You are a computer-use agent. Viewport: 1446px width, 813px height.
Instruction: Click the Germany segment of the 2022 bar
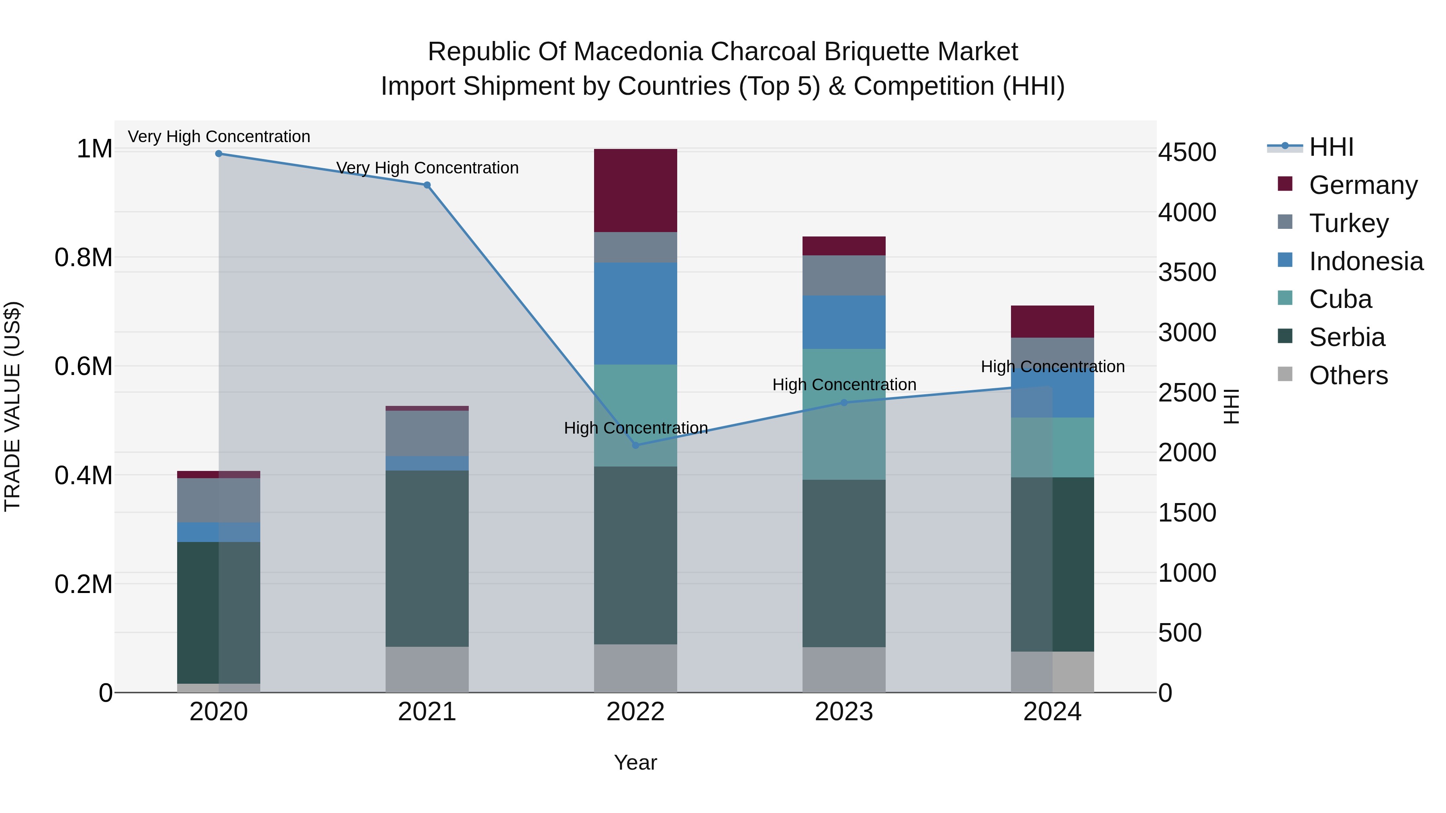point(635,190)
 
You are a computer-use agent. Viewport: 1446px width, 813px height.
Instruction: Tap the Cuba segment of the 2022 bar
point(635,415)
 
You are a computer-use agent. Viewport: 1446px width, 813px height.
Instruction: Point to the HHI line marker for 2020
point(219,154)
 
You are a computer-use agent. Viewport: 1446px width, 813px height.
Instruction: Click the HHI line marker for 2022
point(635,446)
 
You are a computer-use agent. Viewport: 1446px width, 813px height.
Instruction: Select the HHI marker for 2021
point(427,185)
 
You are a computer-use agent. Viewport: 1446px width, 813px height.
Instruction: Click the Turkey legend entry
point(1348,223)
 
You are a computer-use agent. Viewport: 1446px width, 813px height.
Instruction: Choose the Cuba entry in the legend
point(1340,300)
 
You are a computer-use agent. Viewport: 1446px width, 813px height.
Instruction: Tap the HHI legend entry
point(1331,147)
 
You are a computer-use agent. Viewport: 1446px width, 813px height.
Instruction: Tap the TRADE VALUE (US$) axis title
point(12,406)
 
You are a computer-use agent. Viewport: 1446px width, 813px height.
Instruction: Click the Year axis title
point(635,763)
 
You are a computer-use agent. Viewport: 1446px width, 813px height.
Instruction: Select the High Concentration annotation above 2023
point(843,385)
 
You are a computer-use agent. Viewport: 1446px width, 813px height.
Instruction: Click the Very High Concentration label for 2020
point(219,137)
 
